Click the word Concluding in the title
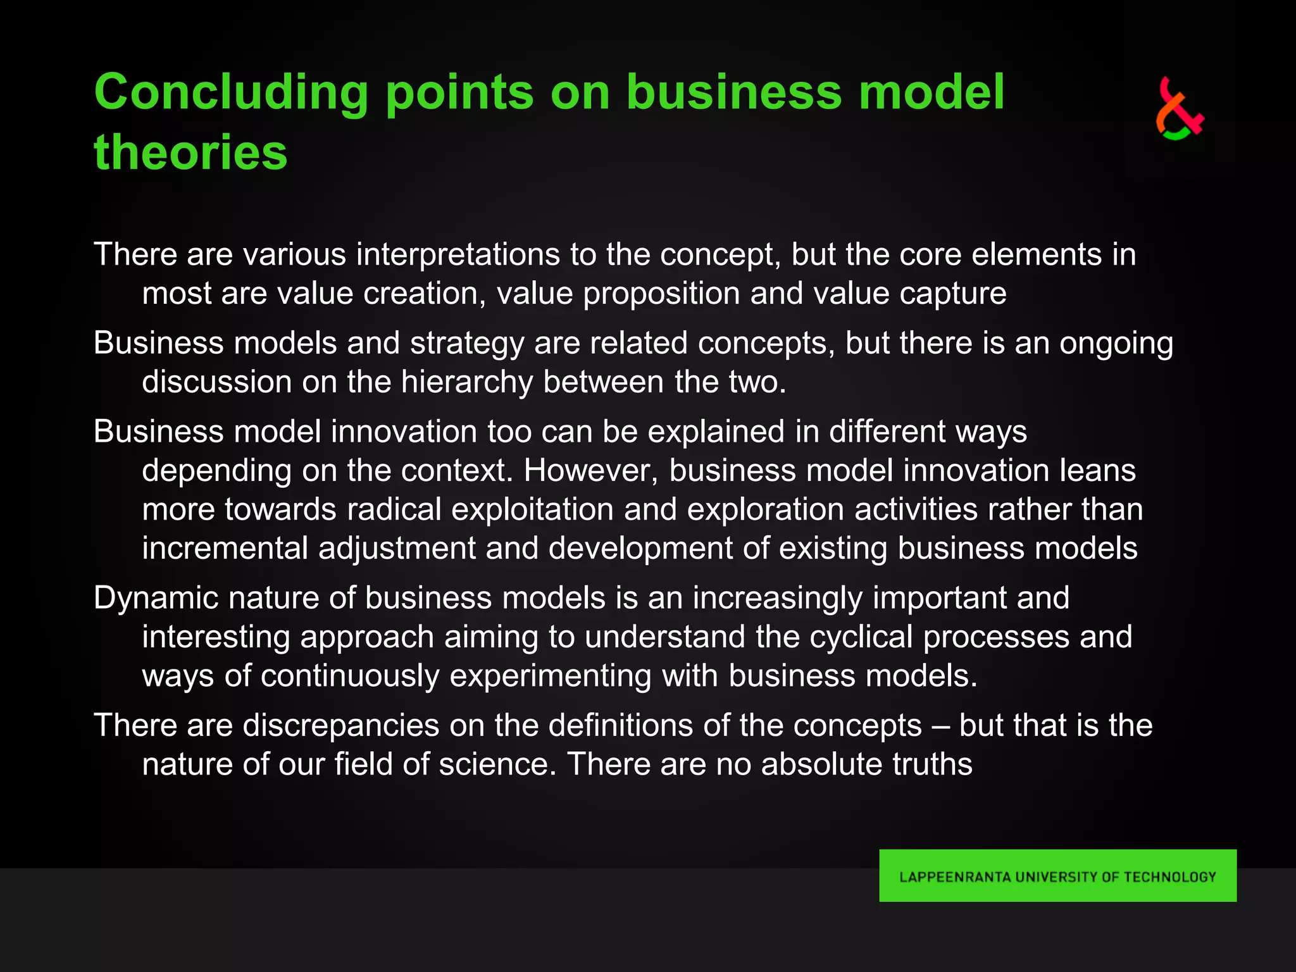231,93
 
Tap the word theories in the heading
190,153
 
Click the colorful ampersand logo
1179,108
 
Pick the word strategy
467,344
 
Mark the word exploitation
532,509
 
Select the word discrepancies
341,725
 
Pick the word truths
932,764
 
